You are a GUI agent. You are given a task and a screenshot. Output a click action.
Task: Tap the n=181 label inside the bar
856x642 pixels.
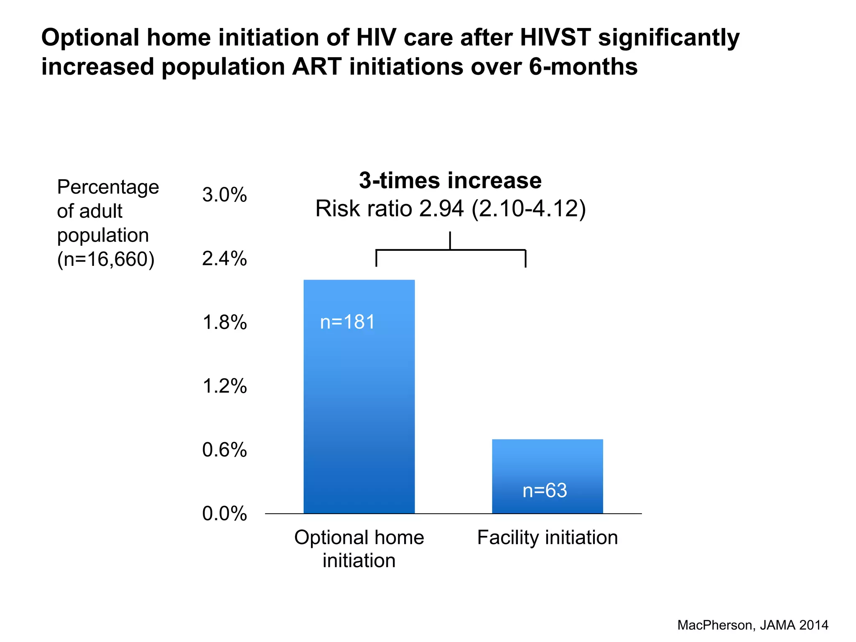click(347, 322)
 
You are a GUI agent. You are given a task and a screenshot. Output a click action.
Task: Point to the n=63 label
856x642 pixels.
click(545, 490)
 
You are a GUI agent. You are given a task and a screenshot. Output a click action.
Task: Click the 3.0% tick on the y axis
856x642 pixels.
click(224, 195)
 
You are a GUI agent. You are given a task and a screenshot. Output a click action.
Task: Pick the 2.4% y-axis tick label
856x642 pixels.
click(224, 259)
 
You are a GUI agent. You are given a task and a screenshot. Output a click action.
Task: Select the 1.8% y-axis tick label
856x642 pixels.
click(224, 323)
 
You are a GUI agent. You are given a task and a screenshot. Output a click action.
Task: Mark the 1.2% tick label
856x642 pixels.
click(224, 386)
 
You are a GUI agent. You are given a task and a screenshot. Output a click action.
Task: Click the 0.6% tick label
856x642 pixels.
click(224, 450)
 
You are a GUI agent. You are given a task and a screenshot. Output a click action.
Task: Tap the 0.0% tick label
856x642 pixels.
click(224, 514)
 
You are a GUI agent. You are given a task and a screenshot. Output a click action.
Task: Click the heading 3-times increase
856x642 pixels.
click(450, 181)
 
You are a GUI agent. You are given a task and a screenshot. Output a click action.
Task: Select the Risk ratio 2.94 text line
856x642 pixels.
click(450, 209)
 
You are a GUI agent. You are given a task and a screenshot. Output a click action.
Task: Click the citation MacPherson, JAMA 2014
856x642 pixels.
click(752, 625)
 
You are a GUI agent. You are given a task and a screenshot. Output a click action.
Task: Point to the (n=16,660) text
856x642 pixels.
click(106, 259)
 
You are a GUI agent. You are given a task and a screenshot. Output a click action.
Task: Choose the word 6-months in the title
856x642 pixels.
click(583, 67)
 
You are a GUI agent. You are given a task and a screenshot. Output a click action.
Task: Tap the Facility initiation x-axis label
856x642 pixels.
click(547, 538)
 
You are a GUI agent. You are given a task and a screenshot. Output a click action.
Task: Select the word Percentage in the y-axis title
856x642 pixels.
click(108, 187)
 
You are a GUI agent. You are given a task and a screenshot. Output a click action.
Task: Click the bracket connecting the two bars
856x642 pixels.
click(450, 250)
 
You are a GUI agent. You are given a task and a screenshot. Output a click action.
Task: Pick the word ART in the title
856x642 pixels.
click(316, 67)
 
